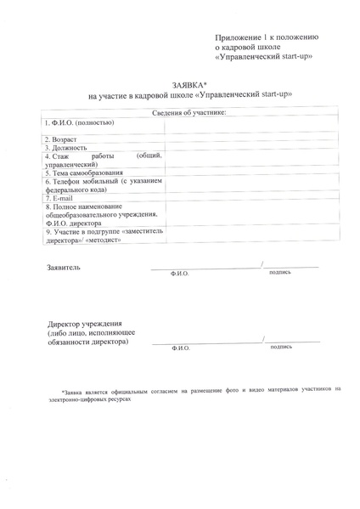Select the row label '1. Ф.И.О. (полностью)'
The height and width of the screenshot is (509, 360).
click(79, 122)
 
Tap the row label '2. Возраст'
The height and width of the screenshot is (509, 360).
click(60, 139)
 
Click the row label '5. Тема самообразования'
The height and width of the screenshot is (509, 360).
click(83, 172)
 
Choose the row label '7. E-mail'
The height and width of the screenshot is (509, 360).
click(59, 198)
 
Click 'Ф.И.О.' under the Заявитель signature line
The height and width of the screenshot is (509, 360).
click(180, 274)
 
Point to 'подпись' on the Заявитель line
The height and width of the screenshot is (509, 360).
click(280, 273)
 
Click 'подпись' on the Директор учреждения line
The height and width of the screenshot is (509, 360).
click(280, 347)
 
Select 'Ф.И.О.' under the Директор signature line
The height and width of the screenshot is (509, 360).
click(180, 348)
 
